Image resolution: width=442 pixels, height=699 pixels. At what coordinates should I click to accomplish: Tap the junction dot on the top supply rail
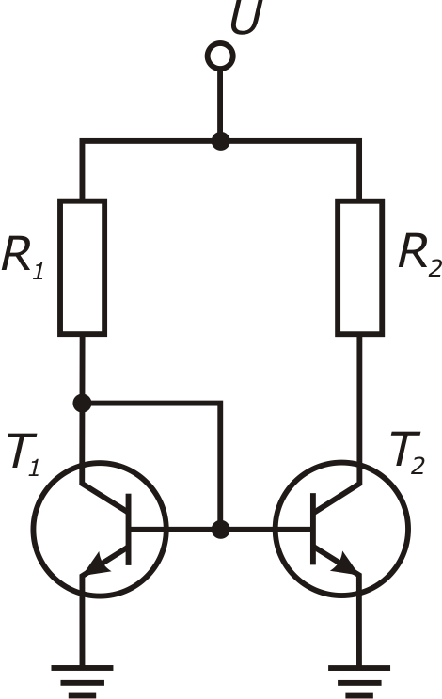pyautogui.click(x=220, y=141)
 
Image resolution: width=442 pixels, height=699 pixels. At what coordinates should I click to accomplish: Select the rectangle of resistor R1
pyautogui.click(x=83, y=267)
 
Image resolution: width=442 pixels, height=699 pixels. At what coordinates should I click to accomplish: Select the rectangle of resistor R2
pyautogui.click(x=359, y=267)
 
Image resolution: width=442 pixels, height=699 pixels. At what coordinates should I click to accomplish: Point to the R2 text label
pyautogui.click(x=419, y=255)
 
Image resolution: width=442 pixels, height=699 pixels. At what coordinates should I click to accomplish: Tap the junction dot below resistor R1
pyautogui.click(x=82, y=403)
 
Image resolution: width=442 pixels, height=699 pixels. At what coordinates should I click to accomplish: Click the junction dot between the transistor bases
pyautogui.click(x=220, y=530)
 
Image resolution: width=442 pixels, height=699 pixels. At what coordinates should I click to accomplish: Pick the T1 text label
pyautogui.click(x=24, y=454)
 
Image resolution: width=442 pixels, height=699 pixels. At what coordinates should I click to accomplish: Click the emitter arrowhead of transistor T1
pyautogui.click(x=97, y=564)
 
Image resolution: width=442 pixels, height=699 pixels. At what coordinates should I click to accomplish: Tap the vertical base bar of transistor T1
pyautogui.click(x=129, y=529)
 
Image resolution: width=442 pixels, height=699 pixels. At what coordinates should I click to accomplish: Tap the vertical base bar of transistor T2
pyautogui.click(x=313, y=529)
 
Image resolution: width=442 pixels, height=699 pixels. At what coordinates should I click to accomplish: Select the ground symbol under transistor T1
pyautogui.click(x=82, y=681)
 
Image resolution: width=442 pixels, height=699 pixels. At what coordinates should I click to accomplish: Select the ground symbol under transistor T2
pyautogui.click(x=359, y=681)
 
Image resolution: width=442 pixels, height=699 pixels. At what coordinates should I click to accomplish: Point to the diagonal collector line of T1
pyautogui.click(x=104, y=496)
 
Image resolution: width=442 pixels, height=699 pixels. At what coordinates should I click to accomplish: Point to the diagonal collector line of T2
pyautogui.click(x=338, y=496)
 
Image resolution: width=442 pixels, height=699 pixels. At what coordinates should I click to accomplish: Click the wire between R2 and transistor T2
pyautogui.click(x=359, y=408)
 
